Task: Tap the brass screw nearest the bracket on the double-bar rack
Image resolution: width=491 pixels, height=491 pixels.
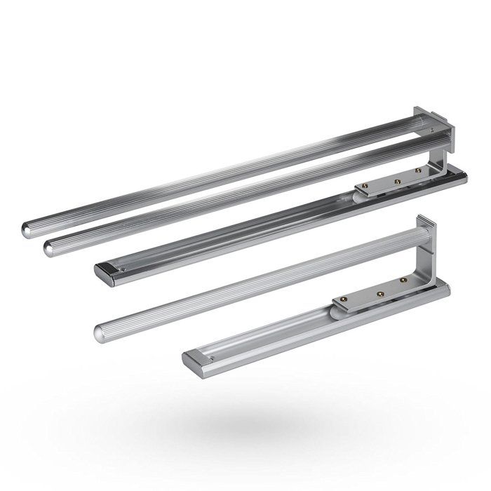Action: point(418,170)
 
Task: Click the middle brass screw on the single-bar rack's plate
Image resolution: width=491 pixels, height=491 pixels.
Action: point(381,290)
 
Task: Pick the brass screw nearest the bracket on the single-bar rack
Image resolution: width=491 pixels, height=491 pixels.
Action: point(405,280)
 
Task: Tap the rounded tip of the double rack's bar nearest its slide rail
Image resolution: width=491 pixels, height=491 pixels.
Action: point(51,245)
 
